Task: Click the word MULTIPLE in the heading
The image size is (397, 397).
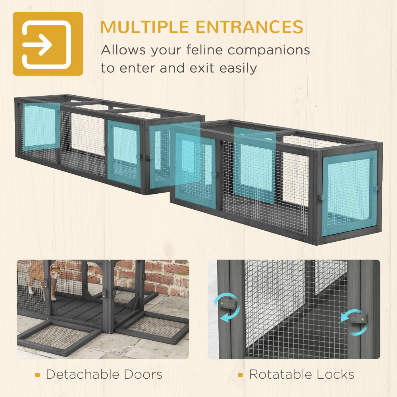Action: point(145,27)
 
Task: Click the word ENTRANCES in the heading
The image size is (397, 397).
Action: point(249,27)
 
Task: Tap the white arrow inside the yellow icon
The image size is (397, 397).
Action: point(37,44)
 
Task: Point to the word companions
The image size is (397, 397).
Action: point(269,50)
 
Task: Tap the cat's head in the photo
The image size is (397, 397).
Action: point(56,271)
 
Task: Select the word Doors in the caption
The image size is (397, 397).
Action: point(143,374)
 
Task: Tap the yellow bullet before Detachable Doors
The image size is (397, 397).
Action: point(37,375)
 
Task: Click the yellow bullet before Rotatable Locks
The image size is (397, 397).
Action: point(241,375)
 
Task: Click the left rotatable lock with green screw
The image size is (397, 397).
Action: point(227,304)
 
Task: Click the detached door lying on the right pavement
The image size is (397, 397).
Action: point(154,328)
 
